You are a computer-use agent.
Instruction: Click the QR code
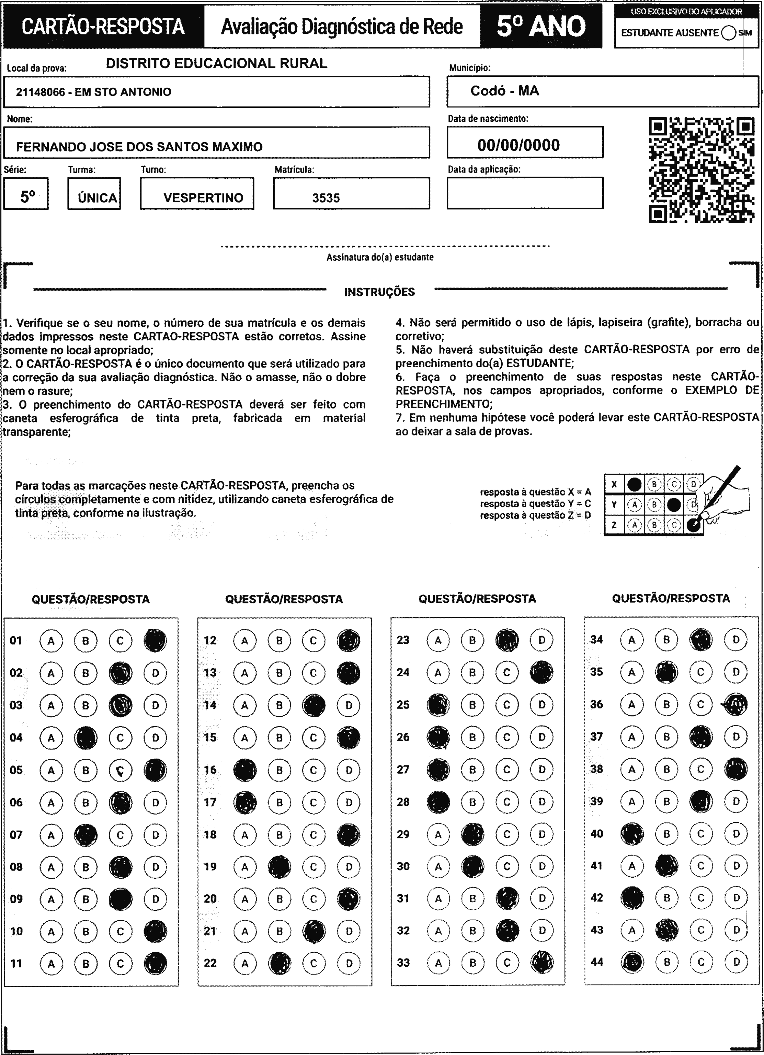(x=701, y=170)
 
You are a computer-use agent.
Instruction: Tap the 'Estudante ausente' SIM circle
(x=729, y=33)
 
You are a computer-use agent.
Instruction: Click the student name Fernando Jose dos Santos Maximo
(x=139, y=147)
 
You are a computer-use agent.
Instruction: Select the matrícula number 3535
(x=326, y=198)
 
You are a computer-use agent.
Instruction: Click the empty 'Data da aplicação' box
(x=525, y=193)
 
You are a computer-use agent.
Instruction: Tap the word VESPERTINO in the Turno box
(x=203, y=198)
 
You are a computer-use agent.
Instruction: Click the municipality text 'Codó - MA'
(x=505, y=91)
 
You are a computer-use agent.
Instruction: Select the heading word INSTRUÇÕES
(x=379, y=292)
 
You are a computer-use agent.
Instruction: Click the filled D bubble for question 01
(x=155, y=640)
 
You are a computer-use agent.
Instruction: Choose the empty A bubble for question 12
(x=245, y=640)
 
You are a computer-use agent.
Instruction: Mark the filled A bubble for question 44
(x=631, y=962)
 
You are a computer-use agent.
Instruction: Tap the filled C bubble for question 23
(x=507, y=640)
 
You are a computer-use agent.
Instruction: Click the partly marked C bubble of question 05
(x=120, y=770)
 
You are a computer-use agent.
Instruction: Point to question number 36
(x=597, y=704)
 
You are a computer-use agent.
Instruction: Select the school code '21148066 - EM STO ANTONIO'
(x=93, y=92)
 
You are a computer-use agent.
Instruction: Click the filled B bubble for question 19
(x=279, y=867)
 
